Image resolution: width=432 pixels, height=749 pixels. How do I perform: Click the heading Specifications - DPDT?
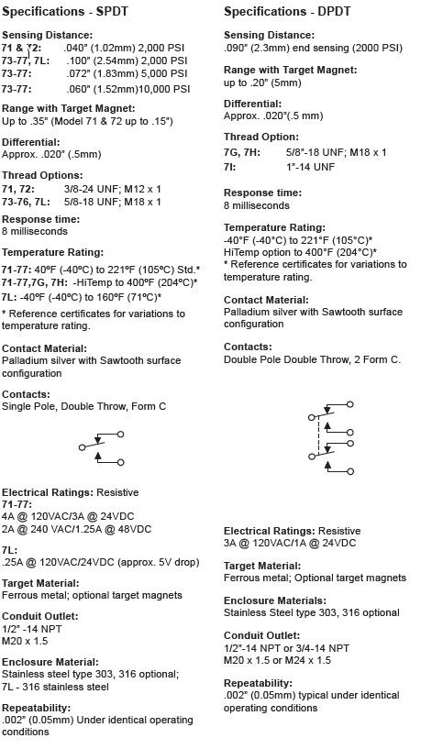tap(288, 11)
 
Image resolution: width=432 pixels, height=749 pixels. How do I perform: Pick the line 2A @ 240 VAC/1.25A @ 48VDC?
tap(77, 529)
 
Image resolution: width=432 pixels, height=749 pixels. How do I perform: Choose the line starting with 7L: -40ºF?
tap(81, 296)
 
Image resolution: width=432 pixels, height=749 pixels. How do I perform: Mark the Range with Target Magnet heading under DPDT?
tap(290, 70)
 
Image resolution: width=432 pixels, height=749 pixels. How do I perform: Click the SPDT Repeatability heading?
tap(36, 708)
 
